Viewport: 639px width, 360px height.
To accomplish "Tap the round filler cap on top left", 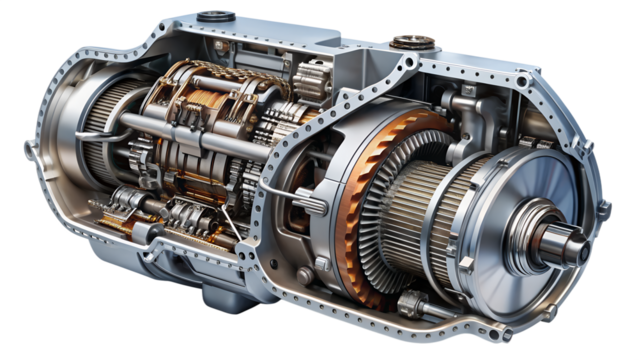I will pos(213,17).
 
